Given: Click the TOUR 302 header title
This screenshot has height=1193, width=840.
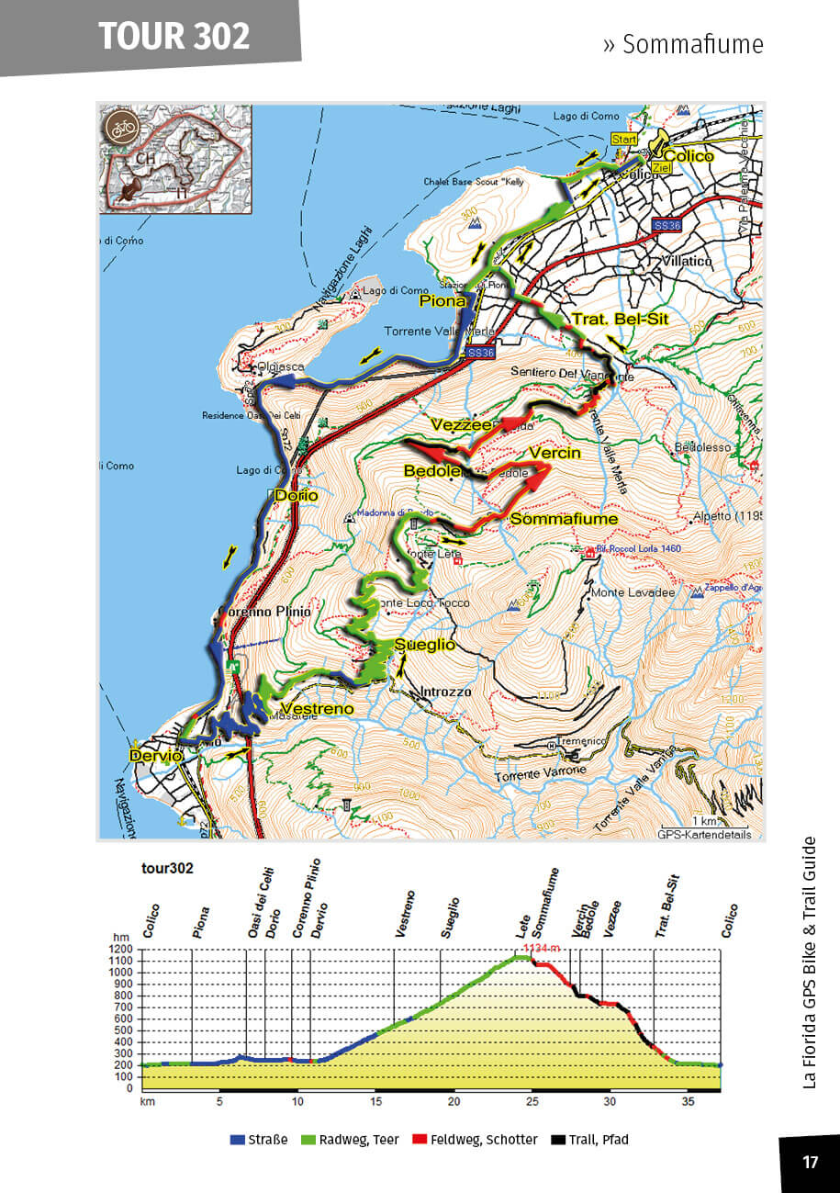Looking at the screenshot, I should pos(174,36).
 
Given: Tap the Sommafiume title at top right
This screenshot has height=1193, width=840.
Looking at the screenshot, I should pos(683,44).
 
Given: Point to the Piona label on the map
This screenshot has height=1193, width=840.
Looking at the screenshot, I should pos(443,300).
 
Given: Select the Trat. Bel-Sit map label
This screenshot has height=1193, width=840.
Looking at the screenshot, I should pos(620,320).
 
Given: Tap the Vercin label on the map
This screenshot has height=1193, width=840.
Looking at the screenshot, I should pos(554,453).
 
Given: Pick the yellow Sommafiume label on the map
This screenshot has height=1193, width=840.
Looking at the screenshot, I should pos(564,519).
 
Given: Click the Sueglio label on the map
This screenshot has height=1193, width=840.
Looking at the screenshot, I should pos(425,645).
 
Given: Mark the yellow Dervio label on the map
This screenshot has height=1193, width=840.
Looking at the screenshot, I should pos(151,756).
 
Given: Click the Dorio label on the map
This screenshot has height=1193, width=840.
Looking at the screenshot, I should pos(297,496).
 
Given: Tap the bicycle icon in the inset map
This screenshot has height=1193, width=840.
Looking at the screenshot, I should pos(120,127).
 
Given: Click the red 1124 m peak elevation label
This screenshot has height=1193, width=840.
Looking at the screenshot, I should pos(540,948).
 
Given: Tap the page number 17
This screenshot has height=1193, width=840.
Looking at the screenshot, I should pos(810,1163).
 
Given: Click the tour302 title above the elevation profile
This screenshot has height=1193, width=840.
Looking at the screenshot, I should pos(167,867).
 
